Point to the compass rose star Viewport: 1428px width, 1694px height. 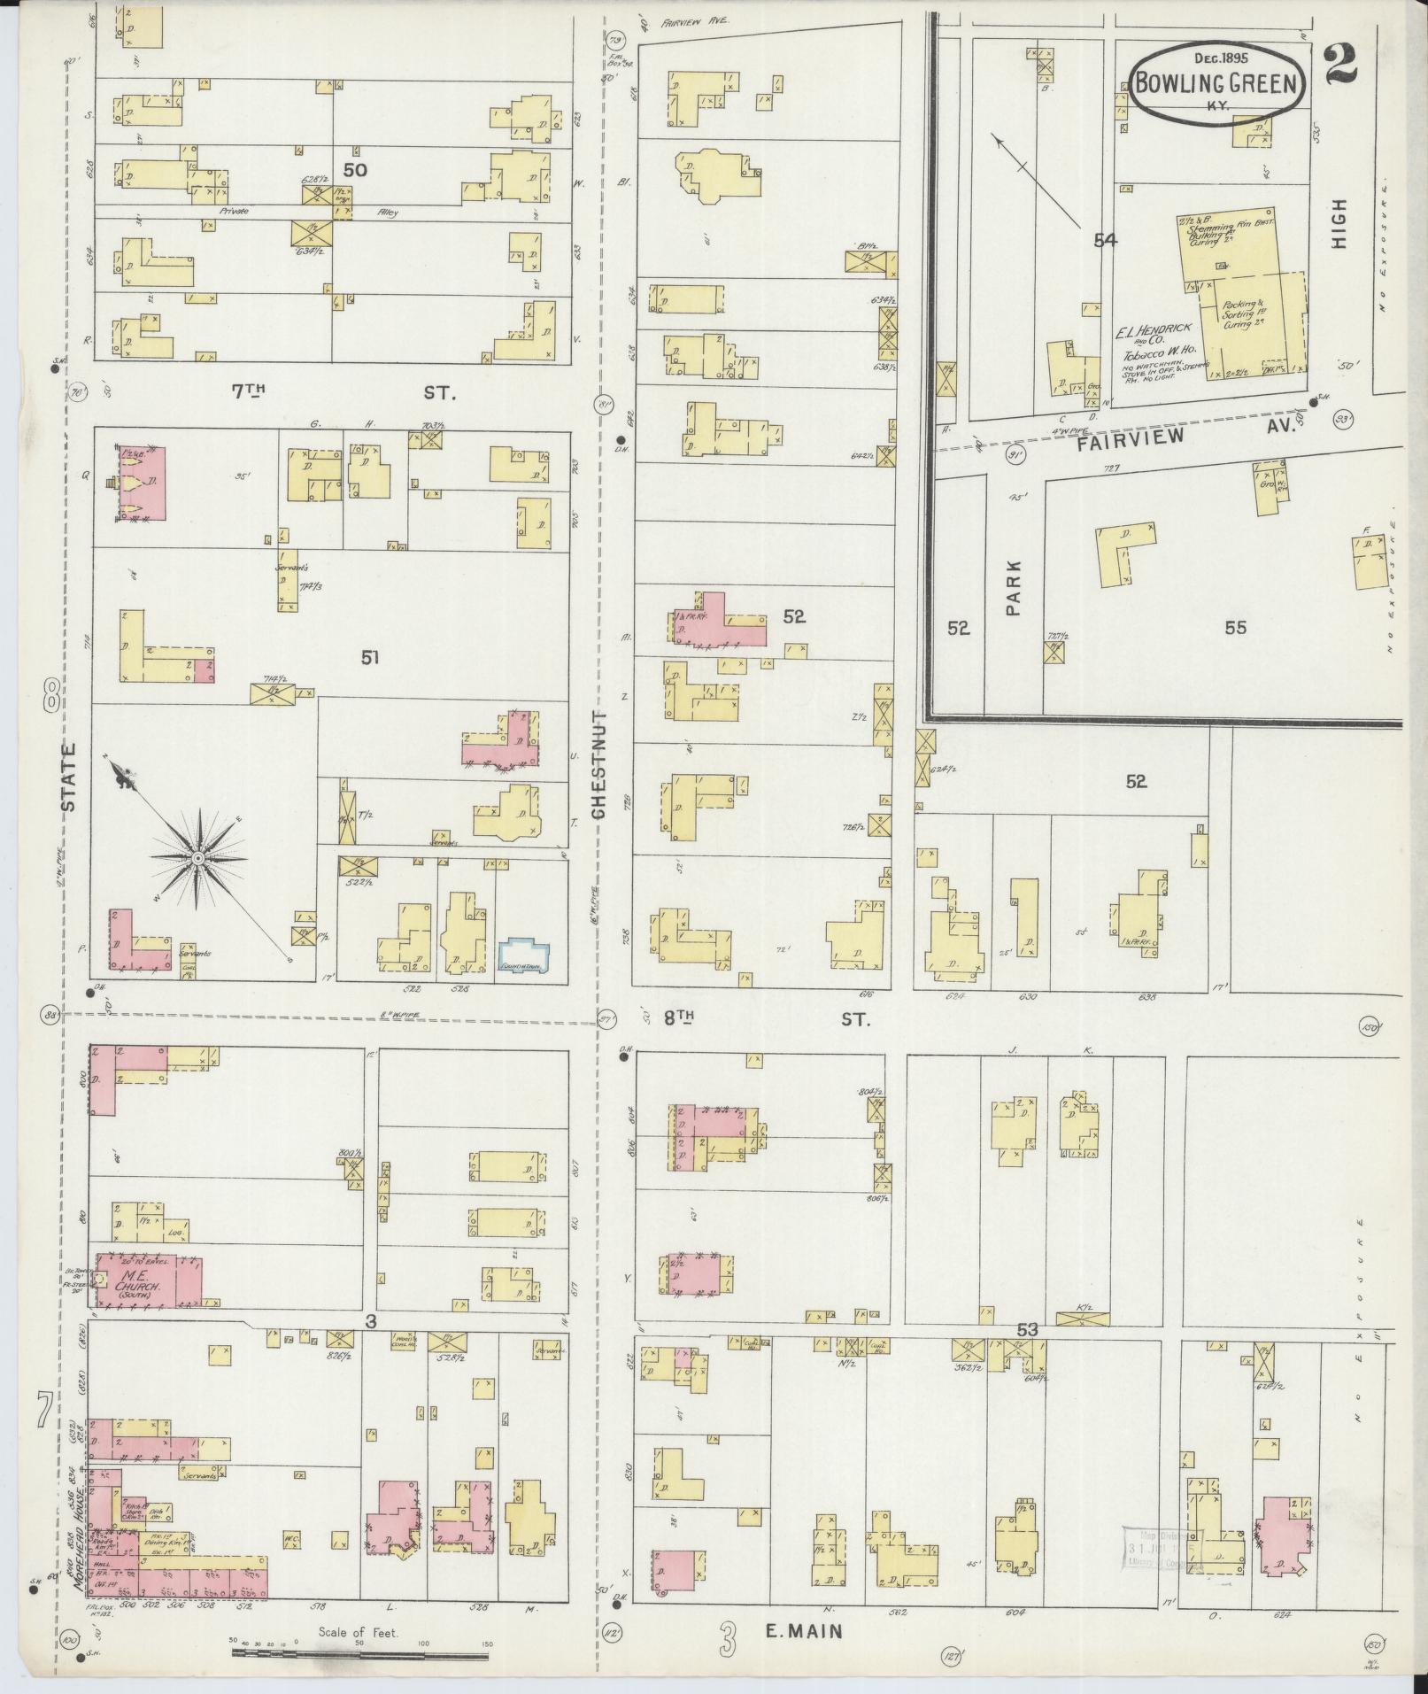[x=197, y=858]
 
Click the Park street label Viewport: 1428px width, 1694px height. [x=1013, y=586]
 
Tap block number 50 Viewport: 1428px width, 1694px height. [x=354, y=169]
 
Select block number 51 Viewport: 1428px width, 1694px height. [x=369, y=656]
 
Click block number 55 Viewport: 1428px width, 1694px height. [x=1235, y=628]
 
